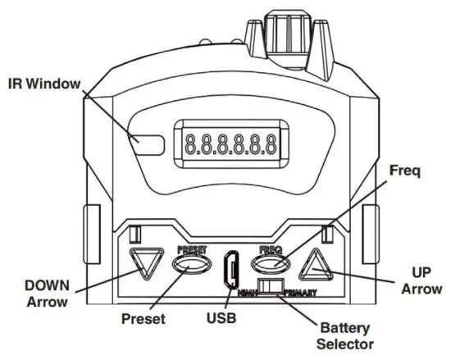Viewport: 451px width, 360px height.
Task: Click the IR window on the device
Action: [151, 142]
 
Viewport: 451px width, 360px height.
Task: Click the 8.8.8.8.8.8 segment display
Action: [226, 144]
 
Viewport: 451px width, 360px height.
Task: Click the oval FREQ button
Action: [272, 264]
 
